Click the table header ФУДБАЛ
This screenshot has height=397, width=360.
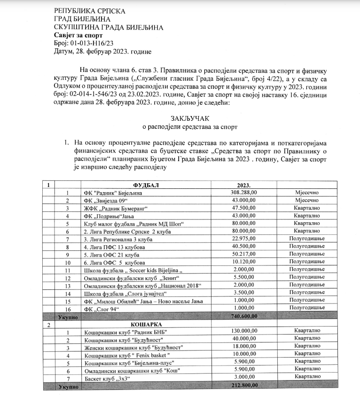pyautogui.click(x=146, y=185)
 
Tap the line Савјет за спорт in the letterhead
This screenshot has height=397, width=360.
pyautogui.click(x=78, y=35)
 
